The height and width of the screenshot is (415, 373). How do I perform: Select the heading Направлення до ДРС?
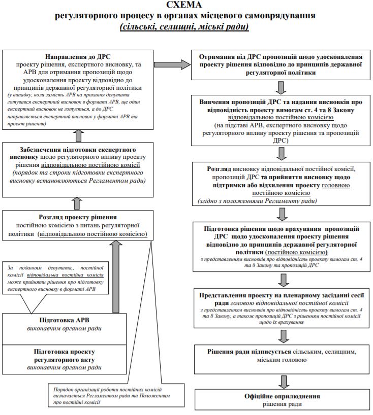point(78,56)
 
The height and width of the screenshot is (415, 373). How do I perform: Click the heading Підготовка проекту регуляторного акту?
point(71,355)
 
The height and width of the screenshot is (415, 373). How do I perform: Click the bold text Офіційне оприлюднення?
point(282,396)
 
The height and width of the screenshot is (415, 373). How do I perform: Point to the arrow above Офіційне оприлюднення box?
point(282,380)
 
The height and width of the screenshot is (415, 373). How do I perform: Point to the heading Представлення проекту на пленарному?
point(282,296)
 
